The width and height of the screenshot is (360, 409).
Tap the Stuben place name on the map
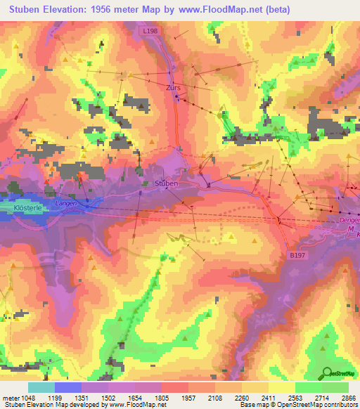[166, 183]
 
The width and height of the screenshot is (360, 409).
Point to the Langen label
[65, 203]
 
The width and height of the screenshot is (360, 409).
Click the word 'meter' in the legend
[9, 397]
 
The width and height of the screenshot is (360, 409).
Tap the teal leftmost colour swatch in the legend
[41, 387]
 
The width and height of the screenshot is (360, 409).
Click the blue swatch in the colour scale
[67, 387]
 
